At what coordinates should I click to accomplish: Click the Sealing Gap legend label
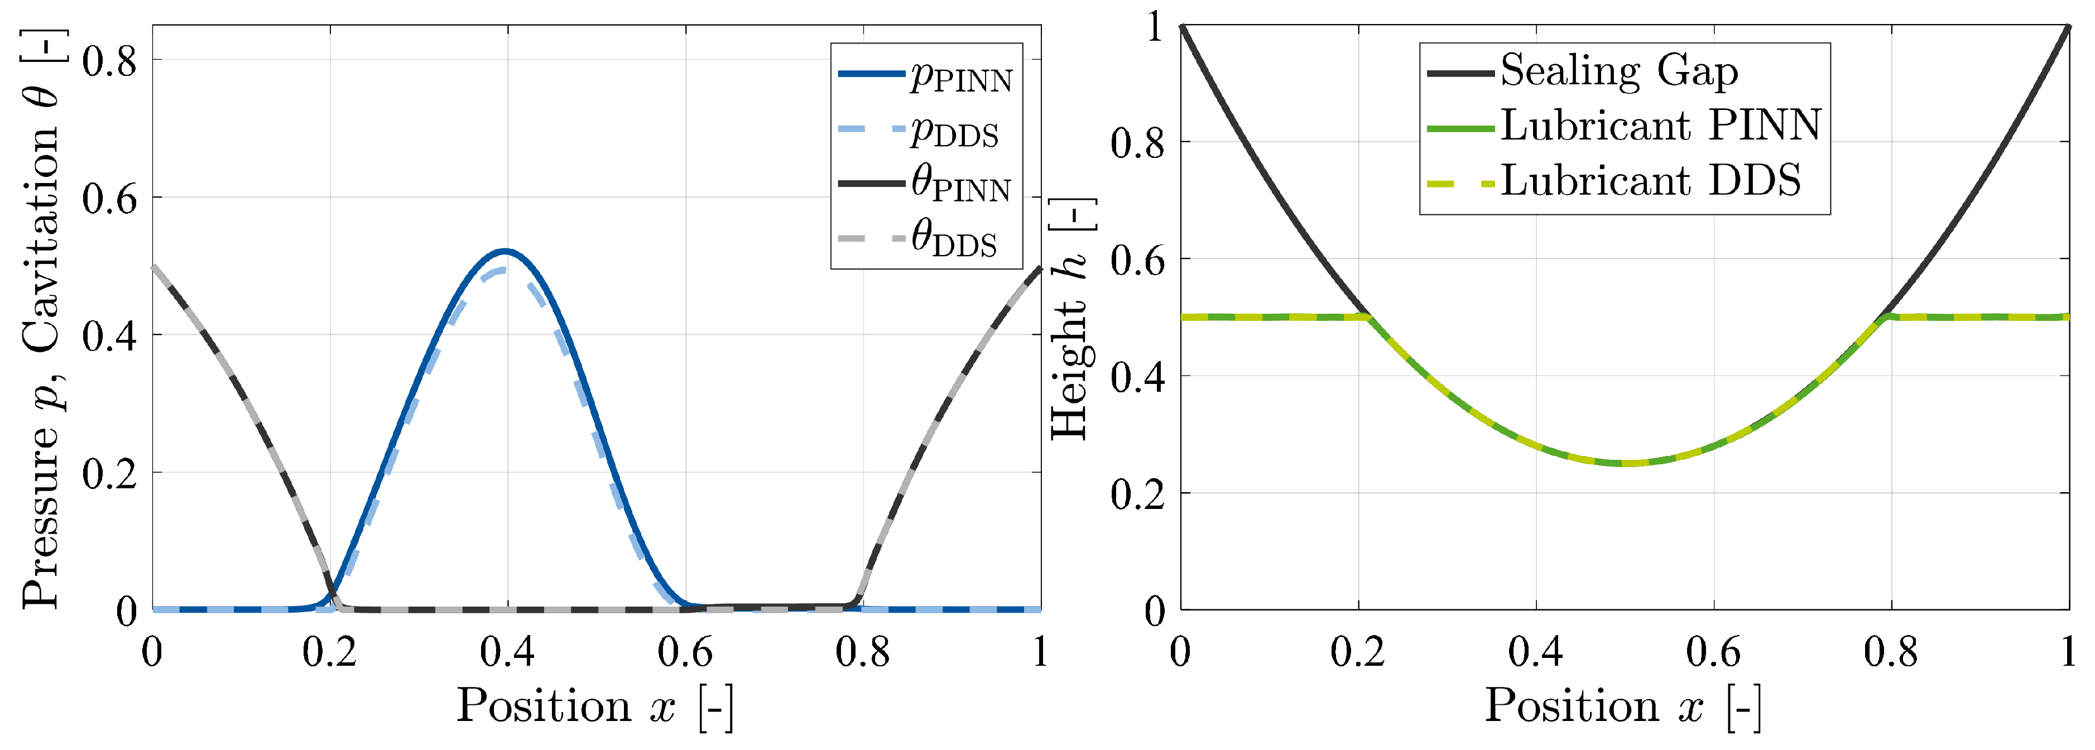tap(1618, 71)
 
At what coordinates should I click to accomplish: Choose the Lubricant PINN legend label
tap(1660, 126)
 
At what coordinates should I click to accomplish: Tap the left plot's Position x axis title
tap(594, 706)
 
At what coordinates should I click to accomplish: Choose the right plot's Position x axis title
tap(1623, 706)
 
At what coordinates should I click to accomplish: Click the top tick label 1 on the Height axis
tap(1155, 28)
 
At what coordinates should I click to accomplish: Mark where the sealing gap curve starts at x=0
tap(1181, 27)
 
